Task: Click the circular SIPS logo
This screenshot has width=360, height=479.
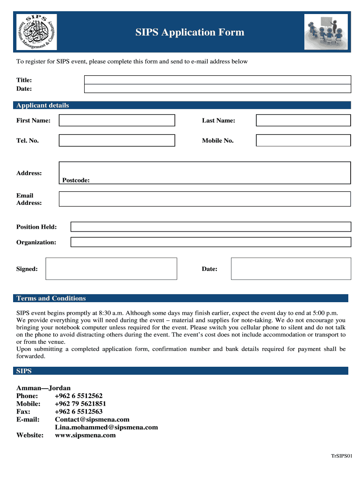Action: click(36, 32)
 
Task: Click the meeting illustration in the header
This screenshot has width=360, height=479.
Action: click(326, 32)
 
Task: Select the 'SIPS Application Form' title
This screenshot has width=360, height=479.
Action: click(190, 32)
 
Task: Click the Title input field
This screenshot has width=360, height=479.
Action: click(217, 80)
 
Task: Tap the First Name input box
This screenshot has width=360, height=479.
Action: click(116, 121)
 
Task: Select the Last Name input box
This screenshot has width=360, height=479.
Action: click(303, 121)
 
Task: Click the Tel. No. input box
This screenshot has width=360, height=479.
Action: click(116, 140)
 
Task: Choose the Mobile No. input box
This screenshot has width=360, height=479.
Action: click(303, 140)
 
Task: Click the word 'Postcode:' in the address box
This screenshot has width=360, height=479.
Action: click(76, 180)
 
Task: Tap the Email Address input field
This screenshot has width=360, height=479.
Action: click(204, 199)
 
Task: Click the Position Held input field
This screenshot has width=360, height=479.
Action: click(210, 227)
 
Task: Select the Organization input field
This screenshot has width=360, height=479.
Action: click(210, 242)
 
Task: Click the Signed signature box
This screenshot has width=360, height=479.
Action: click(111, 269)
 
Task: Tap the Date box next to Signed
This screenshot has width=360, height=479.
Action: click(291, 269)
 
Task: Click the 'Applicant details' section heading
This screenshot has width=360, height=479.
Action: click(43, 105)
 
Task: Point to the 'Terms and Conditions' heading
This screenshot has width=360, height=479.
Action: click(51, 298)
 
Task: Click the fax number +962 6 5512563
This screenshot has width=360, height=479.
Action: click(79, 412)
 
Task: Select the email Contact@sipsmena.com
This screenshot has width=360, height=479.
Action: click(92, 420)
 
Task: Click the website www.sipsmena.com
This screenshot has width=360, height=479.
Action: click(85, 435)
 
